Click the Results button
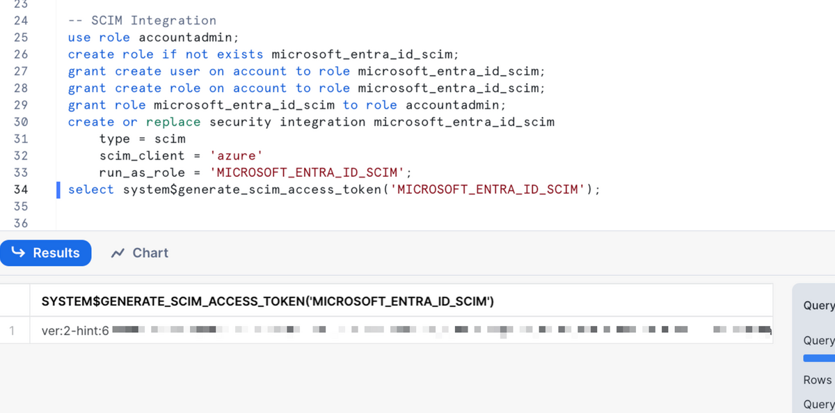coord(46,253)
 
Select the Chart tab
coord(140,253)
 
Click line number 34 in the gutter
coord(21,189)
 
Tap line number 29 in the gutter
coord(21,105)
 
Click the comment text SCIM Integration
coord(153,21)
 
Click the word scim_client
coord(142,156)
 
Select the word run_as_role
coord(142,173)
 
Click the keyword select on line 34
coord(91,189)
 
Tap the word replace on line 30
coord(173,122)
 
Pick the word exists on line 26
coord(240,54)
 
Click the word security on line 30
coord(241,122)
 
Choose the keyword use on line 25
coord(79,38)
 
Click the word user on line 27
coord(185,71)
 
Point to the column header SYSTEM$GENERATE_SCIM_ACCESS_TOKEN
coord(268,302)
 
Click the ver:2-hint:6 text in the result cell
coord(75,332)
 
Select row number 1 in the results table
coord(12,332)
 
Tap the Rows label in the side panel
coord(817,380)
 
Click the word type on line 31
coord(115,139)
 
